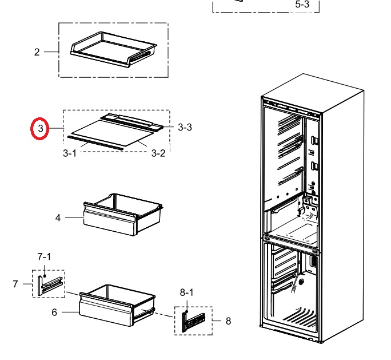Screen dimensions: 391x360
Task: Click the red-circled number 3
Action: click(41, 129)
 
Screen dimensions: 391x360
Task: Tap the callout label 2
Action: click(37, 52)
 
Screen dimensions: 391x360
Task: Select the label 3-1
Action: click(70, 153)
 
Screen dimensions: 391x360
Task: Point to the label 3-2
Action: click(158, 153)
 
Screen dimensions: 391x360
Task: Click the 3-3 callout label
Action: click(185, 127)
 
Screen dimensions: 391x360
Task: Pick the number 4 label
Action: click(58, 217)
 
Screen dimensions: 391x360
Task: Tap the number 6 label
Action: click(54, 312)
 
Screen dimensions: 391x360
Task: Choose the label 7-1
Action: click(44, 256)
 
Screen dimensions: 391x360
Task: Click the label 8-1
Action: click(186, 292)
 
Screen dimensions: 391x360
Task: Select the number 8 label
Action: click(228, 321)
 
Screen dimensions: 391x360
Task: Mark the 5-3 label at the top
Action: click(302, 4)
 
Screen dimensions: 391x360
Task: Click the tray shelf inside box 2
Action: click(114, 49)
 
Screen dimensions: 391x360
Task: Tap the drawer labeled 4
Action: click(123, 214)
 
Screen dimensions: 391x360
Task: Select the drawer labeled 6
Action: click(117, 305)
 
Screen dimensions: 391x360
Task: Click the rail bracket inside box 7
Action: click(49, 286)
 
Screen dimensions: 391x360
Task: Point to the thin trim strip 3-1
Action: click(95, 143)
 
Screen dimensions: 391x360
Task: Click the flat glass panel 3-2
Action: click(113, 133)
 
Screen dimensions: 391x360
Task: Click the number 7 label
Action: click(15, 284)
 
